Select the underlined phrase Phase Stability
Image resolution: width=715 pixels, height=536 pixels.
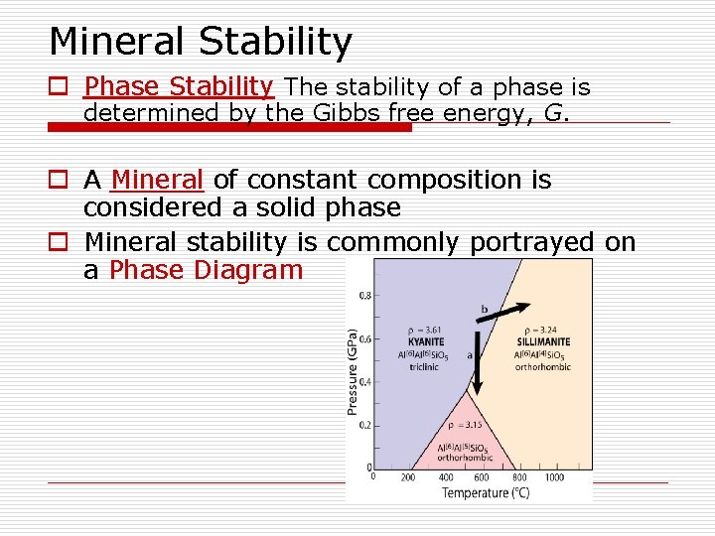click(178, 88)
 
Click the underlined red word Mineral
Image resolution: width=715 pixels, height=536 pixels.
click(158, 181)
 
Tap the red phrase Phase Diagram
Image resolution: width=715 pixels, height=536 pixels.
click(206, 270)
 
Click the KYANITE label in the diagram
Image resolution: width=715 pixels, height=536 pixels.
click(426, 342)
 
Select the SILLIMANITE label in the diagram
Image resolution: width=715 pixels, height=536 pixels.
click(542, 342)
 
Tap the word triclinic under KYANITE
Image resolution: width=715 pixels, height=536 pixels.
click(425, 366)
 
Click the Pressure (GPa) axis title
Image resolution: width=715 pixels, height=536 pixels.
click(354, 371)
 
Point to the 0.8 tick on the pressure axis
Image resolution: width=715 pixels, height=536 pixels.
click(365, 296)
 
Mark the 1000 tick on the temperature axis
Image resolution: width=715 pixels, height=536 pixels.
click(554, 477)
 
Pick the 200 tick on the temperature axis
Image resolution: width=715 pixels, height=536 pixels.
click(408, 477)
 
